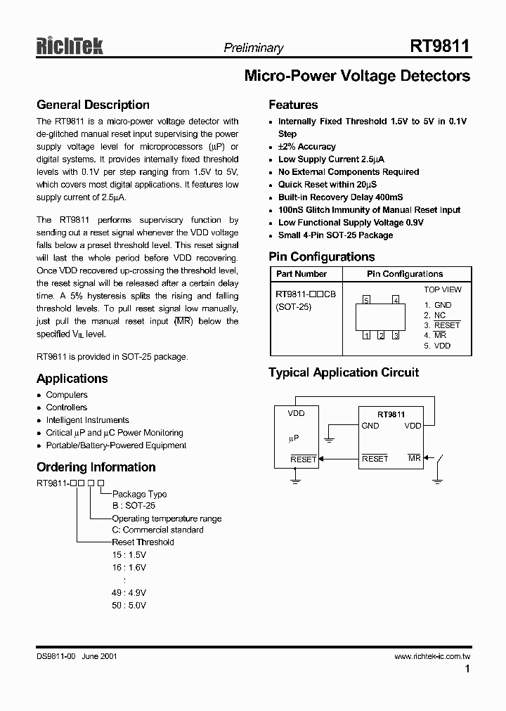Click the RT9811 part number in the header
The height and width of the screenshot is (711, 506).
440,46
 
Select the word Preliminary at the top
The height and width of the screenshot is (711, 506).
253,48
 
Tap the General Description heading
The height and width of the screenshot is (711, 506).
93,105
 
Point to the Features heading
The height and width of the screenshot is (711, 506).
293,105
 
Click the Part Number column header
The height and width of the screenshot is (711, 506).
301,274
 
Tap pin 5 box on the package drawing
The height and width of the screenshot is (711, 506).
365,301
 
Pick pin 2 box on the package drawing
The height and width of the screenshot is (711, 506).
380,335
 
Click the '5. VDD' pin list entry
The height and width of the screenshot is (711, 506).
437,346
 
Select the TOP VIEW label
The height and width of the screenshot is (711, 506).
442,289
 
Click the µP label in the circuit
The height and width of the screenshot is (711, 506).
294,438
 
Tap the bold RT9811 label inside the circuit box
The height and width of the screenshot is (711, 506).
391,415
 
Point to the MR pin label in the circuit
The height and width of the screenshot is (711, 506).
414,458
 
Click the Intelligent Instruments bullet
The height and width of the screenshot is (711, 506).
87,420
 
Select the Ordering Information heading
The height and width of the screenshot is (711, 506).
96,467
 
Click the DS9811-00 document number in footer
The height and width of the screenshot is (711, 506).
56,656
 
